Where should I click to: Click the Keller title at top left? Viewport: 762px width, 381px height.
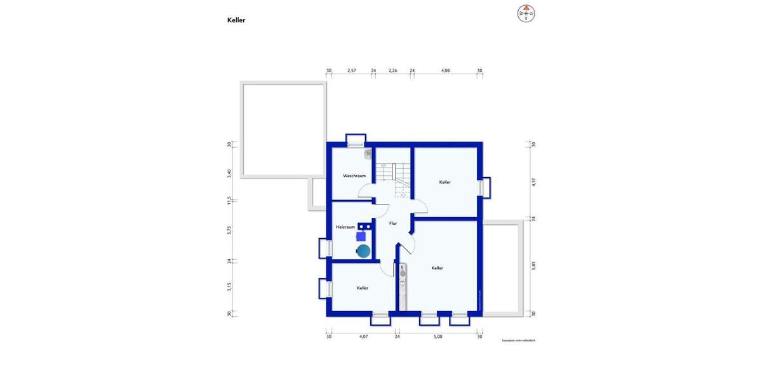[236, 20]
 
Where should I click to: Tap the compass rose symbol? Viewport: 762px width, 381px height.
[526, 13]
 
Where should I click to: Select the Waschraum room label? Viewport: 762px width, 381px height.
[354, 176]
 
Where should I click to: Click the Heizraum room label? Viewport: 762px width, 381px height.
[345, 227]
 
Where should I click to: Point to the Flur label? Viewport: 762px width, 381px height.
[393, 224]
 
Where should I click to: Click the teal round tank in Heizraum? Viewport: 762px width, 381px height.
[363, 250]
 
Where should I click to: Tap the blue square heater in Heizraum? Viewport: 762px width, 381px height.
[361, 236]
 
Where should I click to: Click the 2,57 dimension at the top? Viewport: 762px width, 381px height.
[352, 70]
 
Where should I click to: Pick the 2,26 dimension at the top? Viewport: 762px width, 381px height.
[393, 70]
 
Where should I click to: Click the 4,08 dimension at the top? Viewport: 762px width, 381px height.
[446, 70]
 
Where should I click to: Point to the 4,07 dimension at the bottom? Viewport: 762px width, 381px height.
[363, 337]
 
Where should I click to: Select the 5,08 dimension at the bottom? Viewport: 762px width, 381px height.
[438, 337]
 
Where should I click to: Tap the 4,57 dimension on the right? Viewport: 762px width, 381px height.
[534, 182]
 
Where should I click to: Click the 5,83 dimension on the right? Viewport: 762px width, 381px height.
[534, 265]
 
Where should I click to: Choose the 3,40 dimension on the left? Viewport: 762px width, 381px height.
[229, 172]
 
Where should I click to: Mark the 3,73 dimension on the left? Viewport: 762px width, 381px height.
[229, 231]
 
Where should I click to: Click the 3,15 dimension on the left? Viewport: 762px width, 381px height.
[229, 286]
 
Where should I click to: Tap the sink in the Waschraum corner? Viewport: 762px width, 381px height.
[368, 153]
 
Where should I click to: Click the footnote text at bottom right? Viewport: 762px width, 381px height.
[518, 341]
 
